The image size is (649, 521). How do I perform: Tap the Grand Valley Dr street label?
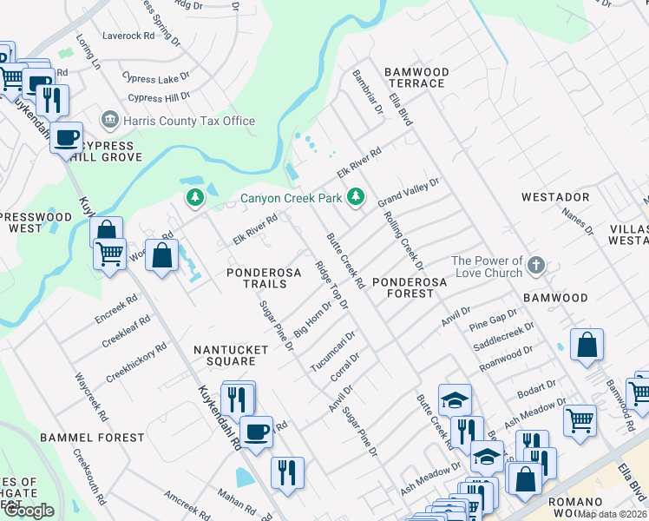click(x=409, y=193)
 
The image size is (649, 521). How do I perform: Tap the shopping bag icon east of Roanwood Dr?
click(x=587, y=344)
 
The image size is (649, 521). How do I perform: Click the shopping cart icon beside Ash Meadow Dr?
click(x=580, y=420)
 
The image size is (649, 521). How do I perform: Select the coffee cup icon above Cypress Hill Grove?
click(x=66, y=137)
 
